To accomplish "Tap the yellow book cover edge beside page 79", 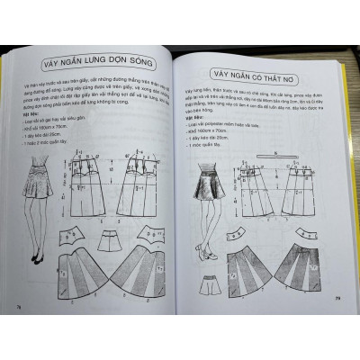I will coord(354,180).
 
